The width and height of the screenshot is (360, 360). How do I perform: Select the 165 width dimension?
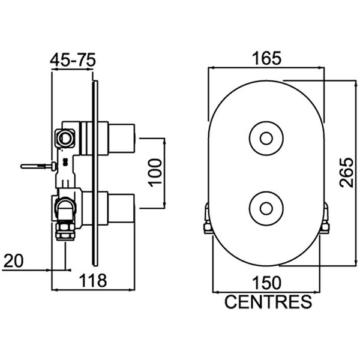[x=266, y=59]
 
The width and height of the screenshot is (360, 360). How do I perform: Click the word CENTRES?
[x=268, y=301]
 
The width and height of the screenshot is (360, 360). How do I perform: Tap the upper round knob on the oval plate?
[x=265, y=137]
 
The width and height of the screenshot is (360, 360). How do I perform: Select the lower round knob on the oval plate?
[x=265, y=206]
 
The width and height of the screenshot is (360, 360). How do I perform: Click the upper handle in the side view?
[x=123, y=137]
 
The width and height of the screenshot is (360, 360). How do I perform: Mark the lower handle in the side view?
[x=123, y=207]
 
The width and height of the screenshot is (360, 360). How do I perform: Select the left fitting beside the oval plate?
[x=207, y=218]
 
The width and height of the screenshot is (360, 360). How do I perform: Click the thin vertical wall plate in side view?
[x=94, y=174]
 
